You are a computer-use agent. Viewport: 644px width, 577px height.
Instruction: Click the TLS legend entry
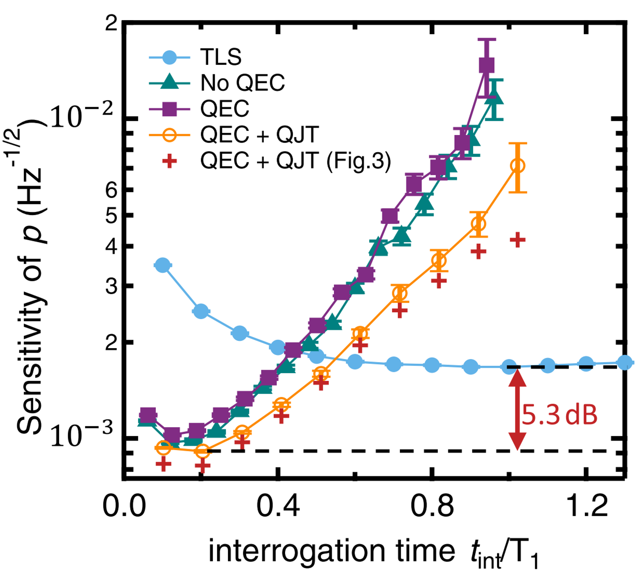(x=221, y=57)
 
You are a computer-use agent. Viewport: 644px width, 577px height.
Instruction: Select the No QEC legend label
(x=242, y=83)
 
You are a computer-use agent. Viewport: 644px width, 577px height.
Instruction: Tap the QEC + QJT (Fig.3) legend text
(x=296, y=161)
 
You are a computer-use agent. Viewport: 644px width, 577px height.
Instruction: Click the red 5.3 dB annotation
(x=559, y=415)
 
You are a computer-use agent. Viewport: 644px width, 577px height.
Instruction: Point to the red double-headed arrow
(x=517, y=409)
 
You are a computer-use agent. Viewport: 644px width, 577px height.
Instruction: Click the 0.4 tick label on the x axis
(x=278, y=506)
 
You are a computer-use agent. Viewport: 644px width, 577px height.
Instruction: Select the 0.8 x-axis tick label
(x=432, y=506)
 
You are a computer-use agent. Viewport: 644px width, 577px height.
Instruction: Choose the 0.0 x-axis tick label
(x=124, y=506)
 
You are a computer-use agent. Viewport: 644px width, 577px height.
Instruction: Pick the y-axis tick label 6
(x=111, y=190)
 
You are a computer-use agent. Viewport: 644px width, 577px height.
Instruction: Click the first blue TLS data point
(x=162, y=265)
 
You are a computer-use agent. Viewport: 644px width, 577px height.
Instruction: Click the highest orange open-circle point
(x=518, y=166)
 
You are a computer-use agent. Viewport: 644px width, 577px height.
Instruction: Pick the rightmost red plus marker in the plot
(x=518, y=240)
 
